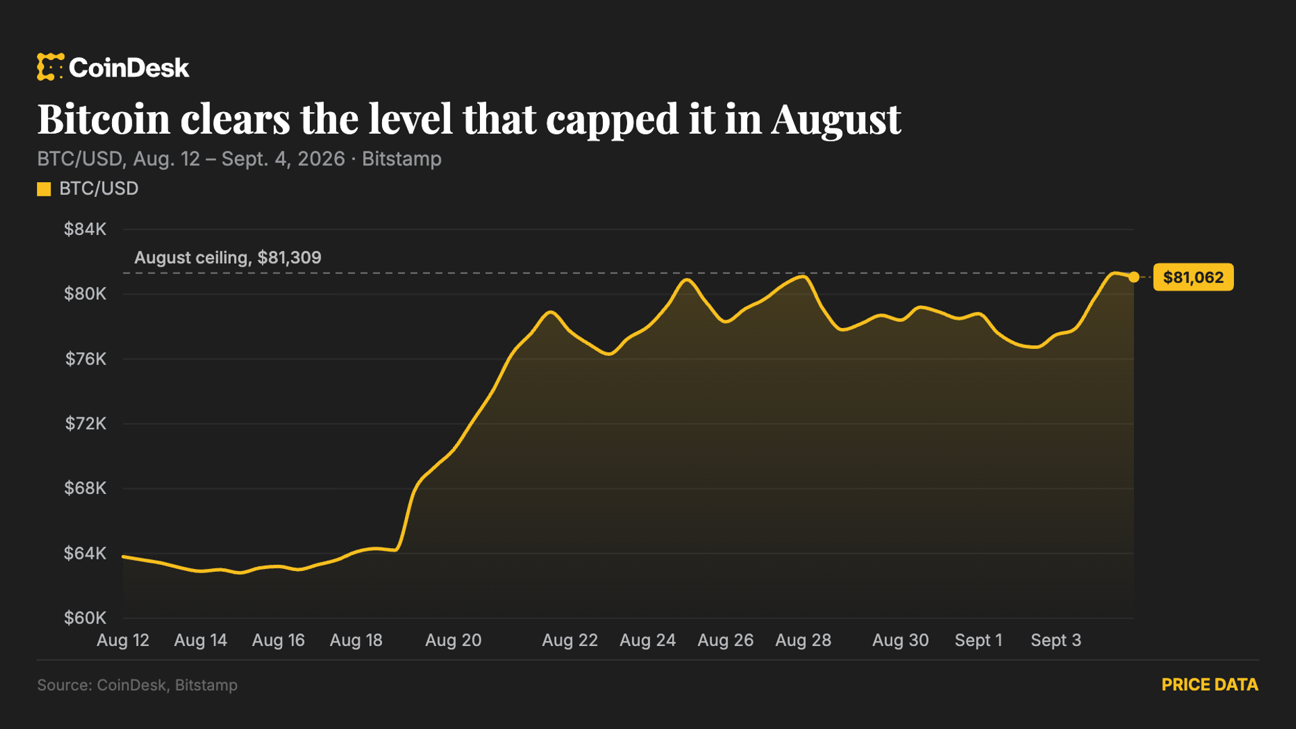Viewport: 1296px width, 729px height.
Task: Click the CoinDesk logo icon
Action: [x=51, y=67]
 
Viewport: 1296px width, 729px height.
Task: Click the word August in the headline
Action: [x=836, y=120]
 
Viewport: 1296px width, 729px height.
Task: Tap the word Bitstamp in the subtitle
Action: [x=402, y=159]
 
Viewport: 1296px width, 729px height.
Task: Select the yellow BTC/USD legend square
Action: [x=44, y=189]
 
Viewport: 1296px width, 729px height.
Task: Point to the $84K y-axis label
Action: [x=85, y=230]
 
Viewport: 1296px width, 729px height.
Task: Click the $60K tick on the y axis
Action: [x=85, y=618]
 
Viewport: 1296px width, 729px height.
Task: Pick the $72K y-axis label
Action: [x=86, y=424]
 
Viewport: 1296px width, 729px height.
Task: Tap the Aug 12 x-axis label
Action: [x=123, y=640]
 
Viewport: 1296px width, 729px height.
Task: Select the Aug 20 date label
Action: [x=454, y=640]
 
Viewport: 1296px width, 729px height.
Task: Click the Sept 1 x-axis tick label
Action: [x=978, y=640]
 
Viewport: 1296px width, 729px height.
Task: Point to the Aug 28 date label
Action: [x=803, y=640]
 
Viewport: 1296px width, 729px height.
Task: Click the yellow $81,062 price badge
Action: [x=1193, y=277]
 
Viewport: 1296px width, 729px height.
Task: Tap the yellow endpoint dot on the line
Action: [x=1134, y=277]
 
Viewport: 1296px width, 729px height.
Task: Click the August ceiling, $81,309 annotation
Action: [x=227, y=258]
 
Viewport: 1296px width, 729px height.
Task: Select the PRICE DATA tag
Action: [x=1210, y=685]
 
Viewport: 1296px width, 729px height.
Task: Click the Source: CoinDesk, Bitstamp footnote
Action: [x=137, y=685]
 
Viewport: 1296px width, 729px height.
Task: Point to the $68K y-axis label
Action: [x=85, y=488]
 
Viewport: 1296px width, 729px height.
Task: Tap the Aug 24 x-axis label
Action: [x=648, y=640]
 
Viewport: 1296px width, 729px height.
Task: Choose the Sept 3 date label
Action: [x=1056, y=640]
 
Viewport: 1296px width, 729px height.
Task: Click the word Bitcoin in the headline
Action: [x=103, y=119]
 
